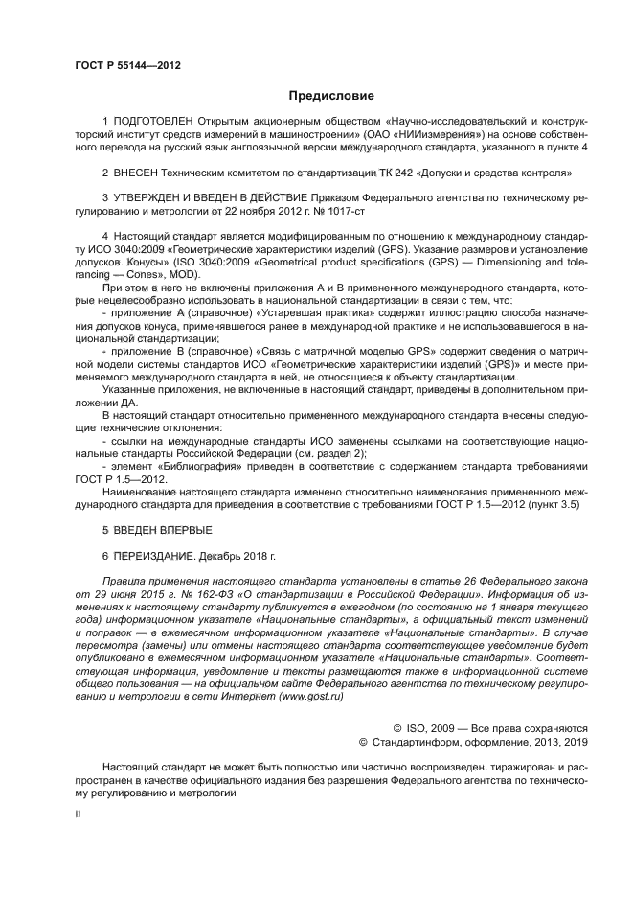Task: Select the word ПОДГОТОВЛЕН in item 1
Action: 153,123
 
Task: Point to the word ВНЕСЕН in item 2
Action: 142,173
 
